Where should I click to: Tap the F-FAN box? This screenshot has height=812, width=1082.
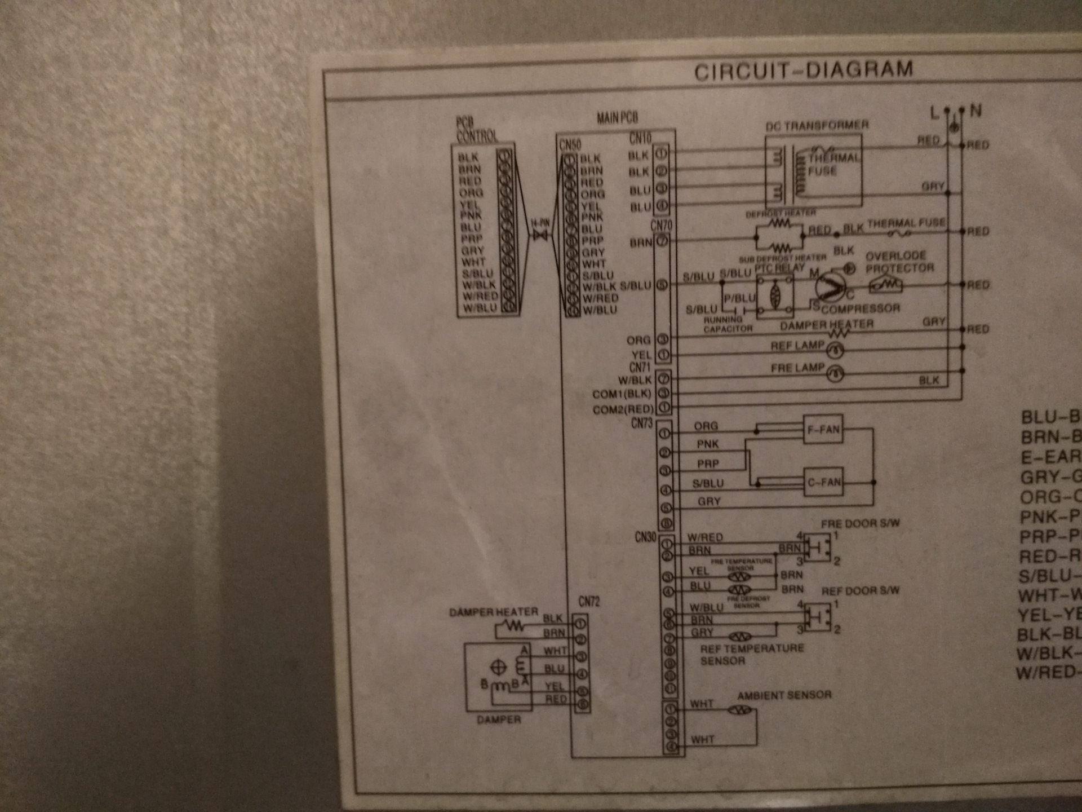pos(823,430)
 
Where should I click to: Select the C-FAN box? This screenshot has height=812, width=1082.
pos(823,482)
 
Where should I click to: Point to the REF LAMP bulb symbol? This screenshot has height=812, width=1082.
pos(835,351)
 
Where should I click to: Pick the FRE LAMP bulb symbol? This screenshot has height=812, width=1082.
pos(835,373)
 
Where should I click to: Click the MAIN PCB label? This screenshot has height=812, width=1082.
pos(617,118)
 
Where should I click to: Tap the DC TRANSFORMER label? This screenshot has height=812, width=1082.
pos(817,125)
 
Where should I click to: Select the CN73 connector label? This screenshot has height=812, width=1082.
pos(641,423)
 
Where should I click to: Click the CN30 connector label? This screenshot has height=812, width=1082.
pos(645,537)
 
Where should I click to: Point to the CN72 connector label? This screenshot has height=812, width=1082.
pos(589,602)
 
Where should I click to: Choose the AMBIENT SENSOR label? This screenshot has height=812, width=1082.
pos(784,695)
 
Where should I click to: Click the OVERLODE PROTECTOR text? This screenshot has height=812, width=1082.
pos(899,262)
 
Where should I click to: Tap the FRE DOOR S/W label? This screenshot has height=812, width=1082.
pos(860,524)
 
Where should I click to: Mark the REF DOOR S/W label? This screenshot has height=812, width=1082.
pos(860,591)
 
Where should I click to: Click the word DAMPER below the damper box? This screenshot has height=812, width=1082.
pos(499,720)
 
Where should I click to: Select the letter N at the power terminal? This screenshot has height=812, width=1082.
pos(976,111)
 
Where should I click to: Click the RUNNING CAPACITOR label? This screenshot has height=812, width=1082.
pos(728,324)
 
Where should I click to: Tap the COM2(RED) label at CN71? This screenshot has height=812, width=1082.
pos(623,409)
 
